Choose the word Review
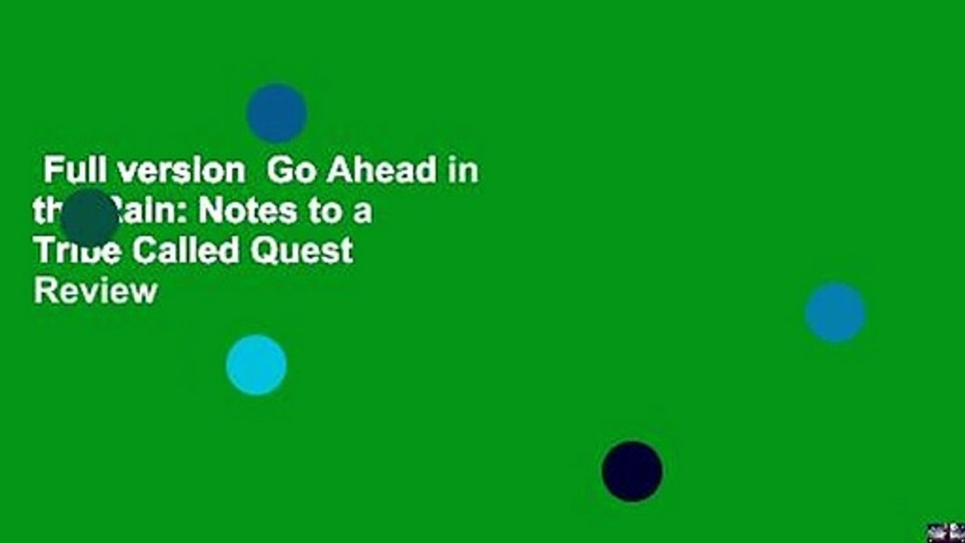[95, 290]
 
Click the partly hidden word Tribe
[77, 251]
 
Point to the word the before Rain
[47, 212]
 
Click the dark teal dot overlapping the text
[90, 218]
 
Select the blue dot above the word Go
[277, 113]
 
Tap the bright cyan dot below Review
[256, 365]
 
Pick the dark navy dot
[633, 471]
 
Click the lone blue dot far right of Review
[835, 313]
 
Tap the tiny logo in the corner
[945, 532]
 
